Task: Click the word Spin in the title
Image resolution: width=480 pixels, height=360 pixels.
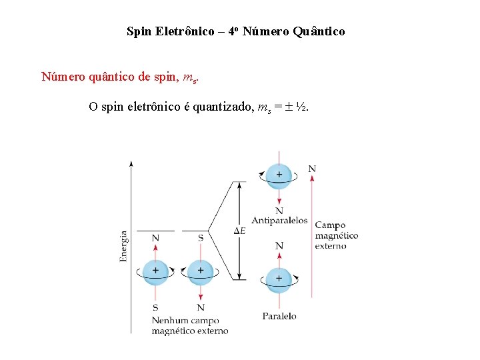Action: (139, 31)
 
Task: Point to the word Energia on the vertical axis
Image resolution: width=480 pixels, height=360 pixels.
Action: (124, 247)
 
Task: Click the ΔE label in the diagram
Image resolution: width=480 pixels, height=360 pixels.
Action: (239, 231)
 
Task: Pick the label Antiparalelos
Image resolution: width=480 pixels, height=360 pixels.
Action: (279, 220)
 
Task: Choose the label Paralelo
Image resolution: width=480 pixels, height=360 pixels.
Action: (279, 316)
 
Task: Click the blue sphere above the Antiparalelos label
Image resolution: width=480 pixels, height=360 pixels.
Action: (279, 175)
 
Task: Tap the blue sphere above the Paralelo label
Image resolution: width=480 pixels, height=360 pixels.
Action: (279, 279)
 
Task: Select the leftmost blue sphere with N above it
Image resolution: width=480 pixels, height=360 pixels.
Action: (155, 271)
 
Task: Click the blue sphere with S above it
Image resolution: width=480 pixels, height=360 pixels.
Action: (200, 271)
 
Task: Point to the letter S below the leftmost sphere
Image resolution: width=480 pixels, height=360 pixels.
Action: (155, 307)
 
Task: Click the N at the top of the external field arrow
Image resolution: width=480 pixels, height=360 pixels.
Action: (312, 169)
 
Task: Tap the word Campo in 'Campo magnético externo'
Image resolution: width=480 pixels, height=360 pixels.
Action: (330, 225)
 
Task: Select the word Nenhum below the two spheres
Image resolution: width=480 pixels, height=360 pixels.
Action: (170, 320)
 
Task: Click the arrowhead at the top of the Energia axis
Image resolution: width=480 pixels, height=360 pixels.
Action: (131, 163)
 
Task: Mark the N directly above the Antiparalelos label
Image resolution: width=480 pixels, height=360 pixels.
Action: (279, 211)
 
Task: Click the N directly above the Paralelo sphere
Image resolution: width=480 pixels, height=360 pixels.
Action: (279, 246)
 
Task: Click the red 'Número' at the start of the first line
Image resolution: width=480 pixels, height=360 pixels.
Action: (63, 77)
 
